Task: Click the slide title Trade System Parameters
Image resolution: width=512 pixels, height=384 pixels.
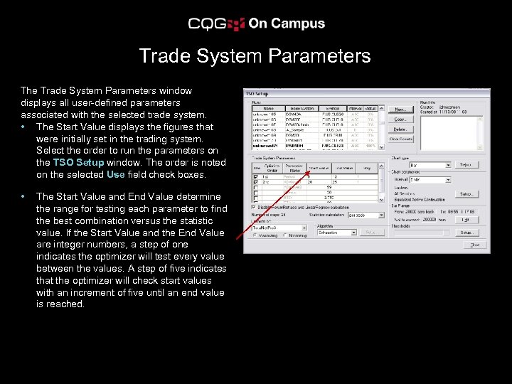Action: (x=255, y=56)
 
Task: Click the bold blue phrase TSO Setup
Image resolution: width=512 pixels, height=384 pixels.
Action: (x=78, y=162)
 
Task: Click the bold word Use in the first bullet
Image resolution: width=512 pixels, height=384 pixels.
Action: (x=115, y=174)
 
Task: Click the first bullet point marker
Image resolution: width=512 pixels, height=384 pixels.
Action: (x=25, y=127)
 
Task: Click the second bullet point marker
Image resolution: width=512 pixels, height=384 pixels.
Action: (x=25, y=196)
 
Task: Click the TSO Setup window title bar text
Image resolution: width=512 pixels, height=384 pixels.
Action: (x=257, y=93)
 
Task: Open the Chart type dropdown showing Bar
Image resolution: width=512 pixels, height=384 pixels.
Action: (x=447, y=164)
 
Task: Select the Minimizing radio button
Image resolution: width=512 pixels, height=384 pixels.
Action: (x=285, y=235)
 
